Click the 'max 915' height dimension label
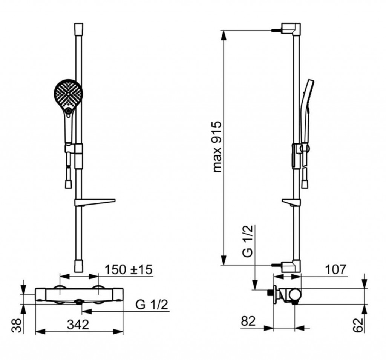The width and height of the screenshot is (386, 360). click(x=217, y=147)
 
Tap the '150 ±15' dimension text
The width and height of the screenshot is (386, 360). click(x=129, y=269)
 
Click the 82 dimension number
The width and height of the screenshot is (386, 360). click(x=248, y=321)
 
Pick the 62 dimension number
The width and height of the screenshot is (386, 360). click(x=358, y=325)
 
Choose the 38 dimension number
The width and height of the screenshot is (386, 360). click(x=17, y=326)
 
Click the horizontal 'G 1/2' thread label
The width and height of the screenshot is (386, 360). click(x=152, y=305)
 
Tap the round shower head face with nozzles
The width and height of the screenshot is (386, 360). click(x=68, y=93)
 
